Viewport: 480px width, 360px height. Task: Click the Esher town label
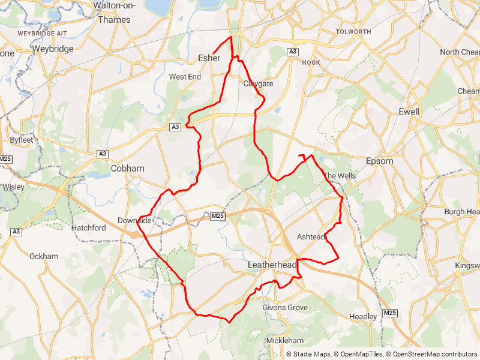pyautogui.click(x=209, y=58)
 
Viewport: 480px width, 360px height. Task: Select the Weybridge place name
pyautogui.click(x=53, y=49)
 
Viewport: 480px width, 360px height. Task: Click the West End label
pyautogui.click(x=185, y=77)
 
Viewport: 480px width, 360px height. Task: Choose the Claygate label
pyautogui.click(x=258, y=84)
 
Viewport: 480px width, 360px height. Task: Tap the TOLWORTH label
pyautogui.click(x=353, y=31)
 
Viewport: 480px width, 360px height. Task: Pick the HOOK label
pyautogui.click(x=311, y=62)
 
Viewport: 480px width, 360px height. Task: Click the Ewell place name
pyautogui.click(x=409, y=112)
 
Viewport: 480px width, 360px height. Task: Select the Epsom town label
pyautogui.click(x=379, y=161)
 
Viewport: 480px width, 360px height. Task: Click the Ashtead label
pyautogui.click(x=311, y=237)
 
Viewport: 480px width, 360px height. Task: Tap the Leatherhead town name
pyautogui.click(x=272, y=265)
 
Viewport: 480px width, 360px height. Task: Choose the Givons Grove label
pyautogui.click(x=285, y=308)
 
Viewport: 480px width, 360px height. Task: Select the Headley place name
pyautogui.click(x=363, y=317)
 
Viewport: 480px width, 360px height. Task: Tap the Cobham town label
pyautogui.click(x=127, y=169)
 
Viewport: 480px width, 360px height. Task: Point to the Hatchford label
pyautogui.click(x=89, y=228)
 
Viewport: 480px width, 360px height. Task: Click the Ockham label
pyautogui.click(x=44, y=256)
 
